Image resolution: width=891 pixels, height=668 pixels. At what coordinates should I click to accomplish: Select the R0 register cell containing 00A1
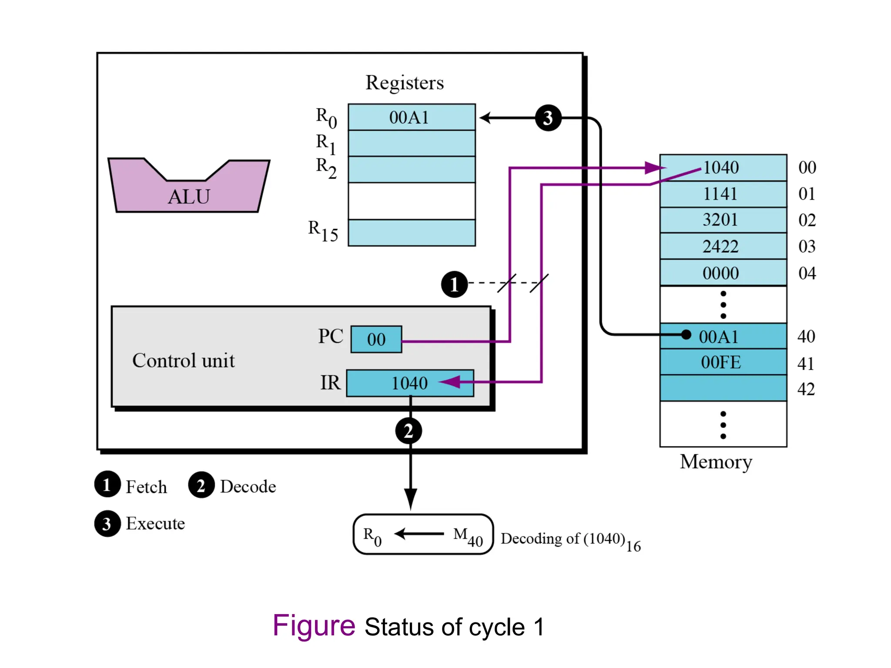point(411,117)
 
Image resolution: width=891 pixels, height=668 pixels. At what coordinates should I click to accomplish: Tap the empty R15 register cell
point(411,233)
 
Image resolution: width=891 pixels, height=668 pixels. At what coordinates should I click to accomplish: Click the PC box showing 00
point(376,339)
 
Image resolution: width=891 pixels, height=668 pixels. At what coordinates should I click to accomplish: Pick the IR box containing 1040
point(409,383)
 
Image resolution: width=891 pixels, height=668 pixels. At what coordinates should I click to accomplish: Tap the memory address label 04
point(807,273)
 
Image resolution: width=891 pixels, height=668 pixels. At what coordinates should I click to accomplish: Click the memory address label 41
point(806,364)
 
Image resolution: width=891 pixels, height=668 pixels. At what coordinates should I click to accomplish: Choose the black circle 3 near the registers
point(548,118)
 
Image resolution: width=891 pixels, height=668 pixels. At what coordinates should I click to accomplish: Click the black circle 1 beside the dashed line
point(454,284)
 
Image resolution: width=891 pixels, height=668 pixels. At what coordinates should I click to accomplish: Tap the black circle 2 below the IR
point(408,431)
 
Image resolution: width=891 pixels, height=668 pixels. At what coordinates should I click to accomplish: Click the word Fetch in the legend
point(146,487)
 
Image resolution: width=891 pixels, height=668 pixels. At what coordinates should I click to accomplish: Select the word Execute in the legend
point(155,524)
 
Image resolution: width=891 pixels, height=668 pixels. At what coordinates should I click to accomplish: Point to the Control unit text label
point(183,361)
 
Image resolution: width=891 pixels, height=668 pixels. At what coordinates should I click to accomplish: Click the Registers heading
point(405,83)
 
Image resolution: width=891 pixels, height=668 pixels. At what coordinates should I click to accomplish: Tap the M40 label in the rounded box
point(468,536)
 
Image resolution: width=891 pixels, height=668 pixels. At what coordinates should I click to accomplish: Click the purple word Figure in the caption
point(314,626)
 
